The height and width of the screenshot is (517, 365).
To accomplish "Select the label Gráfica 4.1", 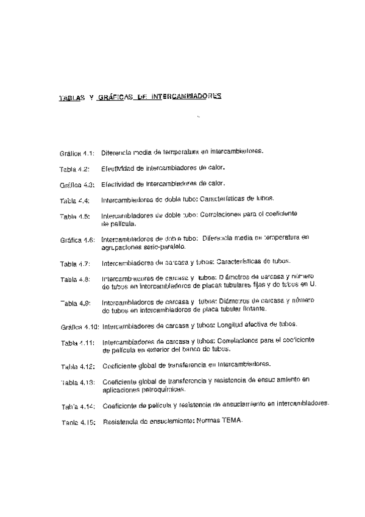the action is coord(76,152).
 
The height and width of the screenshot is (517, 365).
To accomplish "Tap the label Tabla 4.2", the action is coord(74,168).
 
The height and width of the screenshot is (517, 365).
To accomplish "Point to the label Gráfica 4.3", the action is coord(76,184).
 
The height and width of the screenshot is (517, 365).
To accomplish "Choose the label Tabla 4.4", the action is coord(74,200).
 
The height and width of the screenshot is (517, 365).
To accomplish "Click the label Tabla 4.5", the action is coord(74,216).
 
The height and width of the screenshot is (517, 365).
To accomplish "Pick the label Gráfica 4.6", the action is coord(76,240).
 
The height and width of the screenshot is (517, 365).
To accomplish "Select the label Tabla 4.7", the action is coord(74,264).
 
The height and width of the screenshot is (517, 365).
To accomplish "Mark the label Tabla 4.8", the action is coord(75,280).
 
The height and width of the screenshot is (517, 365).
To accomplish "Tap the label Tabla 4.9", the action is coord(75,303).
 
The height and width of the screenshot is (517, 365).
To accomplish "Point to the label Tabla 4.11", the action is coord(77,343).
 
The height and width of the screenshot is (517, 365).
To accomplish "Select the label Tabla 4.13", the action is coord(77,383).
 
